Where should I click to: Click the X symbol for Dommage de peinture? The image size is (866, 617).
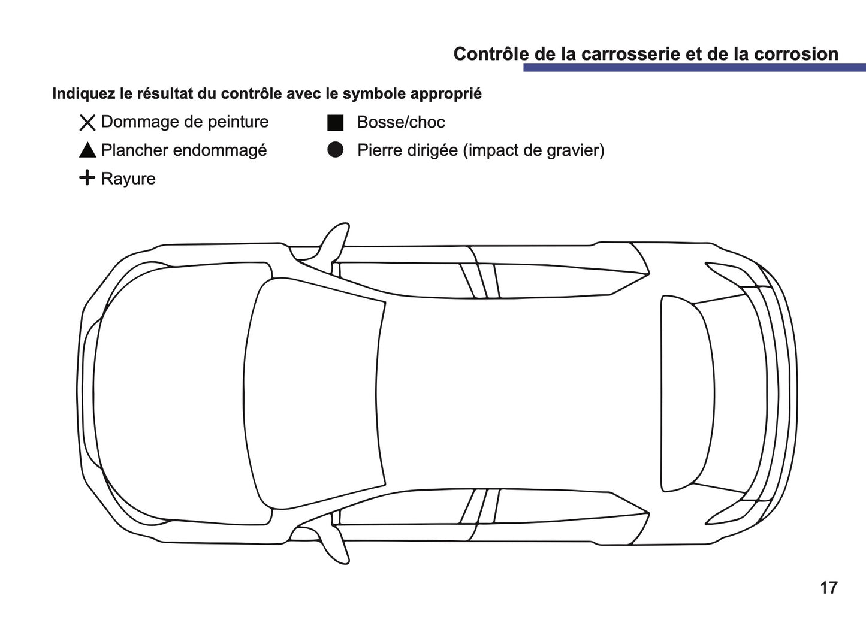[x=87, y=123]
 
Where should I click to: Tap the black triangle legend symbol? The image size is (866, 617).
[x=87, y=150]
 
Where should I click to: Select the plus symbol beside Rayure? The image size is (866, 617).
[x=87, y=178]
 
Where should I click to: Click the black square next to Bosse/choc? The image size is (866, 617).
[x=335, y=123]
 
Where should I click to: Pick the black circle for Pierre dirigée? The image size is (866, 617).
[x=335, y=150]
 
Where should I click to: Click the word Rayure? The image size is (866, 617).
[x=128, y=179]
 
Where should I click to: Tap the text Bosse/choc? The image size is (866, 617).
[x=400, y=122]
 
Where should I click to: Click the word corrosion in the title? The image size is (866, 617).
[x=795, y=54]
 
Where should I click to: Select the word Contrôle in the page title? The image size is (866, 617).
[x=491, y=54]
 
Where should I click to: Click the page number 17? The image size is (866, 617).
[x=828, y=588]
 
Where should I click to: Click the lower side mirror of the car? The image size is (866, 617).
[x=334, y=545]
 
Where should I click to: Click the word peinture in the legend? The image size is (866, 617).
[x=236, y=122]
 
